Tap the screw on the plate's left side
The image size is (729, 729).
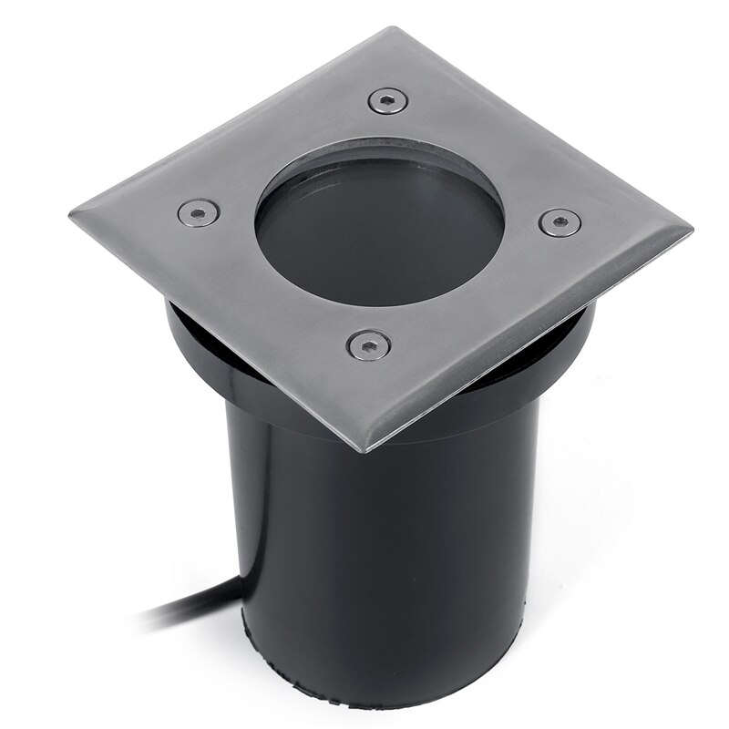[198, 212]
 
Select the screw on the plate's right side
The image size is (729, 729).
[559, 222]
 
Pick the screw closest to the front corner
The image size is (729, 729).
[368, 344]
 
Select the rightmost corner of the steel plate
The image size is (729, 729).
[690, 229]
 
